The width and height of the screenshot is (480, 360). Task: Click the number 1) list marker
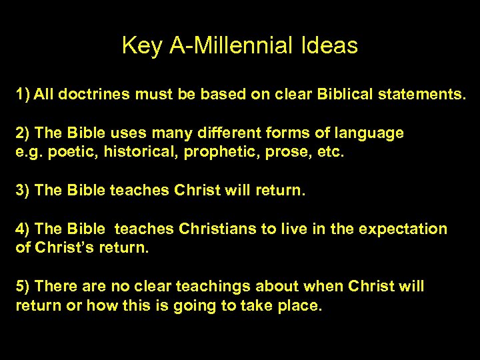click(23, 93)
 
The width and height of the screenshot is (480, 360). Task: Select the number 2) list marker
click(23, 133)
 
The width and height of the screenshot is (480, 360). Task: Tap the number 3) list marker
click(23, 190)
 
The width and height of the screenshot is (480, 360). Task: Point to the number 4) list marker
click(23, 229)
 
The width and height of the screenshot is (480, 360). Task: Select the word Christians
click(217, 229)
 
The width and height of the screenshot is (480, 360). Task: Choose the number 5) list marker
click(23, 286)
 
